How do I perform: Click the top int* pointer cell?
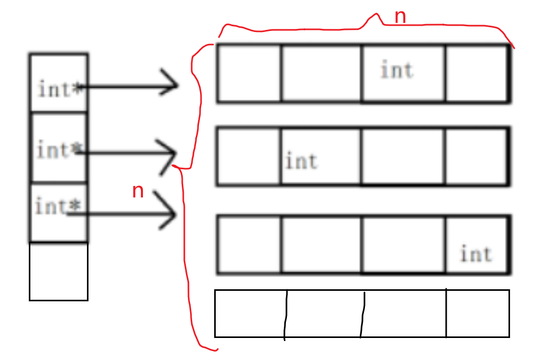[x=59, y=83]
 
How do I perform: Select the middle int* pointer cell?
[x=59, y=147]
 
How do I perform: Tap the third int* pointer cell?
[x=59, y=212]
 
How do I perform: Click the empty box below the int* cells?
[x=59, y=271]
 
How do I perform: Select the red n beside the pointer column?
[x=138, y=191]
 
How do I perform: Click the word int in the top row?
[x=396, y=70]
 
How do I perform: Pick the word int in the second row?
[x=301, y=161]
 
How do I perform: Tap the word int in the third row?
[x=476, y=255]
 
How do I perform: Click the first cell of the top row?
[x=249, y=73]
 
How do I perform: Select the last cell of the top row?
[x=477, y=73]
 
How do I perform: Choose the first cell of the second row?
[x=249, y=156]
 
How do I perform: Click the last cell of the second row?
[x=477, y=156]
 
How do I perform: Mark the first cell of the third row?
[x=249, y=244]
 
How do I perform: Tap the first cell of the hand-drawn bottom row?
[x=250, y=313]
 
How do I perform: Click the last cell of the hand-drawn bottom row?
[x=478, y=313]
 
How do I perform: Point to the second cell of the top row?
[x=321, y=73]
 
